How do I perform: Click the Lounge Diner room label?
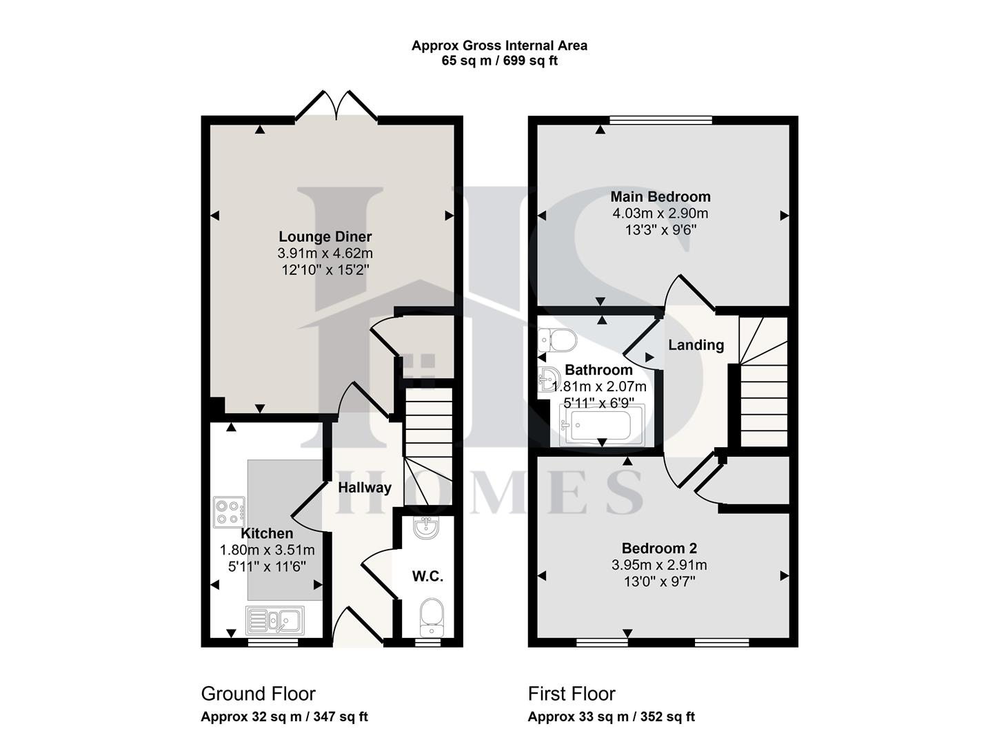[x=325, y=237]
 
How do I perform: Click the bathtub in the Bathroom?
[x=602, y=425]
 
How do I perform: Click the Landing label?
[x=696, y=345]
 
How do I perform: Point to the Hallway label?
[x=365, y=488]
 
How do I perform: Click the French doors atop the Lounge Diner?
[x=336, y=107]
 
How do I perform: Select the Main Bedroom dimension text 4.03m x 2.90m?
[x=660, y=214]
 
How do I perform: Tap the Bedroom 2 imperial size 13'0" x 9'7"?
[x=659, y=581]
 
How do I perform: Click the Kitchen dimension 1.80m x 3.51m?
[x=267, y=550]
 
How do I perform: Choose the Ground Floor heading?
[x=258, y=693]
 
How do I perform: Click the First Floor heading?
[x=572, y=693]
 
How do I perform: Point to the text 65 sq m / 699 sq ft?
[x=499, y=61]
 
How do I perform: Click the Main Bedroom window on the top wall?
[x=660, y=120]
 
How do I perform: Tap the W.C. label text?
[x=427, y=577]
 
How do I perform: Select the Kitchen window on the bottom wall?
[x=273, y=642]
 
